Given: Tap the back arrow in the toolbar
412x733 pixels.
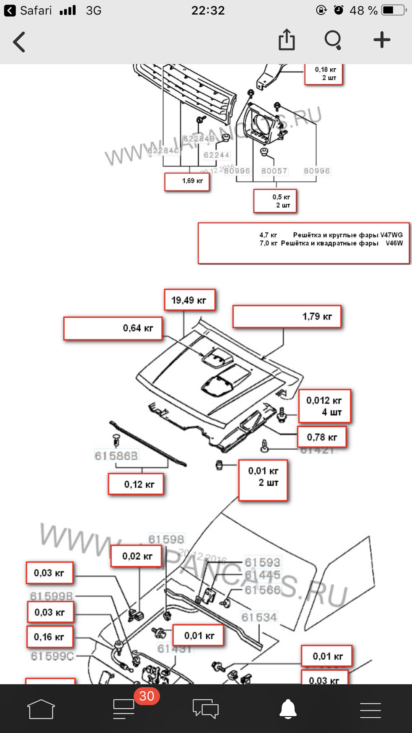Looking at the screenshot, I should [x=19, y=42].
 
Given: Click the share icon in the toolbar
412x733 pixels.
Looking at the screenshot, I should [x=286, y=40].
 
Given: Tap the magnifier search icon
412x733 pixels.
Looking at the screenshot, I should [x=333, y=40].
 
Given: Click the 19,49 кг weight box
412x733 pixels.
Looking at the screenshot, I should [x=190, y=300].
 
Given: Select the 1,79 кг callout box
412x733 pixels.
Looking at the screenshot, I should [x=287, y=316].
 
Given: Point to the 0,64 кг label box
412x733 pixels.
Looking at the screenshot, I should [x=113, y=328].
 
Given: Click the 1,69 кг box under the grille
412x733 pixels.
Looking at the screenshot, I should [x=187, y=181].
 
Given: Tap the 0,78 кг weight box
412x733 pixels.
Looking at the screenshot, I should [x=322, y=437].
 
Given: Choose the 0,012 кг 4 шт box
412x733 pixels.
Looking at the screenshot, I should [x=324, y=406].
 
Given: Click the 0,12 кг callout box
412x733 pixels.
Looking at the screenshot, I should [x=136, y=484].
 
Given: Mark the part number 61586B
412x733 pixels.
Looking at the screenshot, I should [x=116, y=455].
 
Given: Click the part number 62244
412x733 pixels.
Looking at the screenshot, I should [x=216, y=155].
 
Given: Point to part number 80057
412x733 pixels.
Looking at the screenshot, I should [x=274, y=171].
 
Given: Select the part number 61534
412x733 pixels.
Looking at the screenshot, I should [x=259, y=617].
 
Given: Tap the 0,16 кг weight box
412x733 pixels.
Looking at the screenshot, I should [x=50, y=637].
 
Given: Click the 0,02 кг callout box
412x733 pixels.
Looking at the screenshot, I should [x=136, y=556].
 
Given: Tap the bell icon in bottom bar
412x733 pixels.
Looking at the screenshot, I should [x=288, y=709].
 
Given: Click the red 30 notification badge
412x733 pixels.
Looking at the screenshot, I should [x=146, y=696].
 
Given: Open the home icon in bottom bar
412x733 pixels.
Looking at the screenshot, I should [x=41, y=709].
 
